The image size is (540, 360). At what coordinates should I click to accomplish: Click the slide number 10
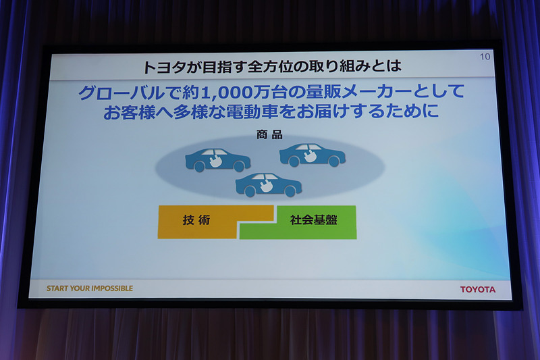(x=485, y=57)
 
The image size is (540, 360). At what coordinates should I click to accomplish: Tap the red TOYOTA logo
(x=477, y=289)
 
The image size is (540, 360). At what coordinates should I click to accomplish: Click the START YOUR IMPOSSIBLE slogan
(x=90, y=288)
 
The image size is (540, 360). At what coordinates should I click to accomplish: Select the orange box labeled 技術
(x=196, y=220)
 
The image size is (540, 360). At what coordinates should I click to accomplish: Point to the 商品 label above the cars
(x=269, y=134)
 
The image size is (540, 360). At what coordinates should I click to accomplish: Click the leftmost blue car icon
(x=217, y=160)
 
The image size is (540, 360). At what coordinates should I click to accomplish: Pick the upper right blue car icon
(x=312, y=155)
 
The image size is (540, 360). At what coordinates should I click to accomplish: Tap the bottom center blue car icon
(x=268, y=184)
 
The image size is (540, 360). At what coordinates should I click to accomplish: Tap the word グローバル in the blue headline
(x=113, y=91)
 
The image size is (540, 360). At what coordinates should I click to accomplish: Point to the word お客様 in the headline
(x=133, y=111)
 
